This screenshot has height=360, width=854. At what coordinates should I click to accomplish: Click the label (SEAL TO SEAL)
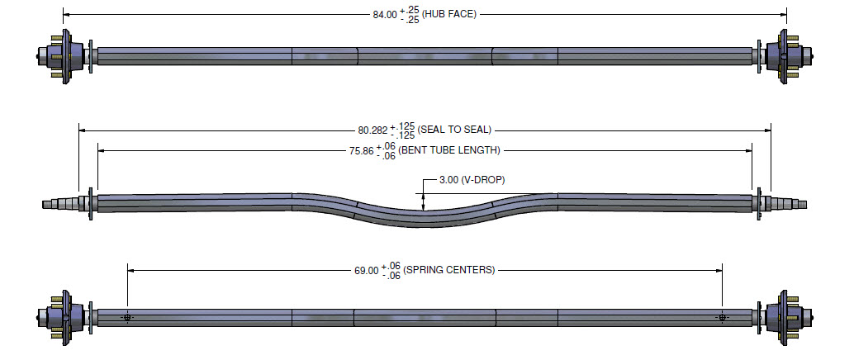(454, 130)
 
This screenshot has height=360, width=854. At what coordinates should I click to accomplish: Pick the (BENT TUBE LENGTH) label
(449, 150)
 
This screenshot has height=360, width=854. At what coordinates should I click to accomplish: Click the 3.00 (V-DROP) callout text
(472, 180)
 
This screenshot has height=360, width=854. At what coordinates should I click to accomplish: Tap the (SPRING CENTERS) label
(449, 270)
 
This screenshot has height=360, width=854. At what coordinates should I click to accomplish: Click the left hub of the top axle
(60, 56)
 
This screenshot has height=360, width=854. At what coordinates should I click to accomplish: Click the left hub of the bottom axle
(60, 317)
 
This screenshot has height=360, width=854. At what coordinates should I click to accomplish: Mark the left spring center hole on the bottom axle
(127, 318)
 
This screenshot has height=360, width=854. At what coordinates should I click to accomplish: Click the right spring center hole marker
(722, 318)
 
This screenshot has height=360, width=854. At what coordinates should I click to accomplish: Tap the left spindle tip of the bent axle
(43, 204)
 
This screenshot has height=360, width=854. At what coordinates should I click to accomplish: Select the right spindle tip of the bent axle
(806, 204)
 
